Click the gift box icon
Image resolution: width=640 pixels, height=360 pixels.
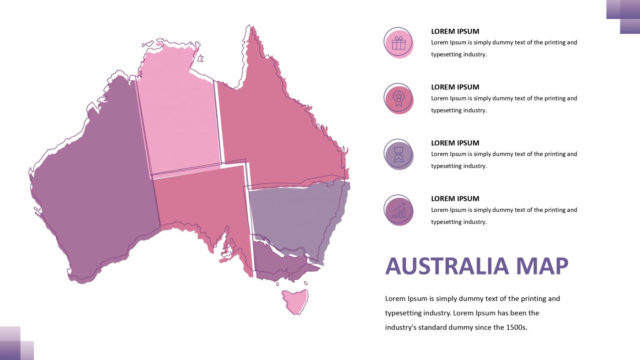click(x=399, y=43)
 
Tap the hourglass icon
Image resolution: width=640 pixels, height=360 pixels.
click(x=399, y=155)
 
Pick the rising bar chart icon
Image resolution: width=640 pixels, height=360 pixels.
click(x=399, y=210)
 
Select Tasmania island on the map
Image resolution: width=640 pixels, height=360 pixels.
click(x=295, y=301)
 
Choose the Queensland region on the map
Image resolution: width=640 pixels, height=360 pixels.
click(x=274, y=128)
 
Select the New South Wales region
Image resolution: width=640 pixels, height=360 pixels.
click(x=293, y=215)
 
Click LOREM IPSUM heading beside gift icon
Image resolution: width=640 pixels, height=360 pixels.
click(x=455, y=32)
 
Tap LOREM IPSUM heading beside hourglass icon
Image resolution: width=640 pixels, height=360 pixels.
click(x=455, y=143)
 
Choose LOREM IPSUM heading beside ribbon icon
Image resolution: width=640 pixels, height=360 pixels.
click(x=455, y=87)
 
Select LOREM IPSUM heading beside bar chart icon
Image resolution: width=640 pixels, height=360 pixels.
click(x=455, y=199)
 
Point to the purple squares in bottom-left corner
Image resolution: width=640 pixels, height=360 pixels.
click(x=16, y=344)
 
